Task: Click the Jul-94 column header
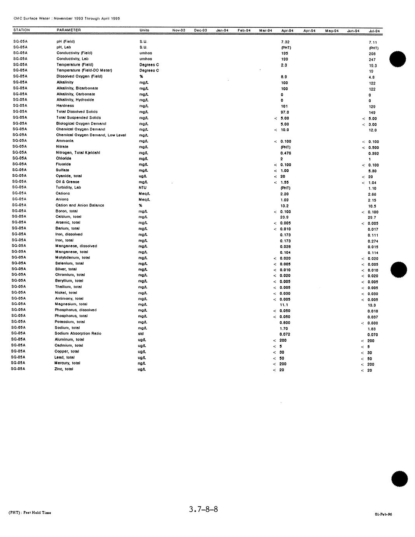pyautogui.click(x=374, y=31)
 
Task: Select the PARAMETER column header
pyautogui.click(x=69, y=30)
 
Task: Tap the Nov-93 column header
pyautogui.click(x=179, y=30)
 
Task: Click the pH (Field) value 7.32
pyautogui.click(x=285, y=42)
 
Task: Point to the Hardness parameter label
pyautogui.click(x=65, y=105)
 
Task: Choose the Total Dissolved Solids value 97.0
pyautogui.click(x=285, y=112)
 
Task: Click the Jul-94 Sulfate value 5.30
pyautogui.click(x=372, y=171)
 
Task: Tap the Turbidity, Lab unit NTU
pyautogui.click(x=143, y=188)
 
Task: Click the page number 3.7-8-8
pyautogui.click(x=204, y=509)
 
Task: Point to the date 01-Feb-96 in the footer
pyautogui.click(x=384, y=514)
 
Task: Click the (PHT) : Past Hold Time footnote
pyautogui.click(x=30, y=512)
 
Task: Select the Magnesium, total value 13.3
pyautogui.click(x=372, y=305)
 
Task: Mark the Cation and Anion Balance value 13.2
pyautogui.click(x=284, y=206)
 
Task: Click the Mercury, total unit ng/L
pyautogui.click(x=142, y=363)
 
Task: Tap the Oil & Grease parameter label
pyautogui.click(x=68, y=182)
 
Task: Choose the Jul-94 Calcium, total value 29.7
pyautogui.click(x=372, y=218)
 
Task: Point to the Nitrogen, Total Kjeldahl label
pyautogui.click(x=78, y=153)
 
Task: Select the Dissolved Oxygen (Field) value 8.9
pyautogui.click(x=284, y=77)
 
